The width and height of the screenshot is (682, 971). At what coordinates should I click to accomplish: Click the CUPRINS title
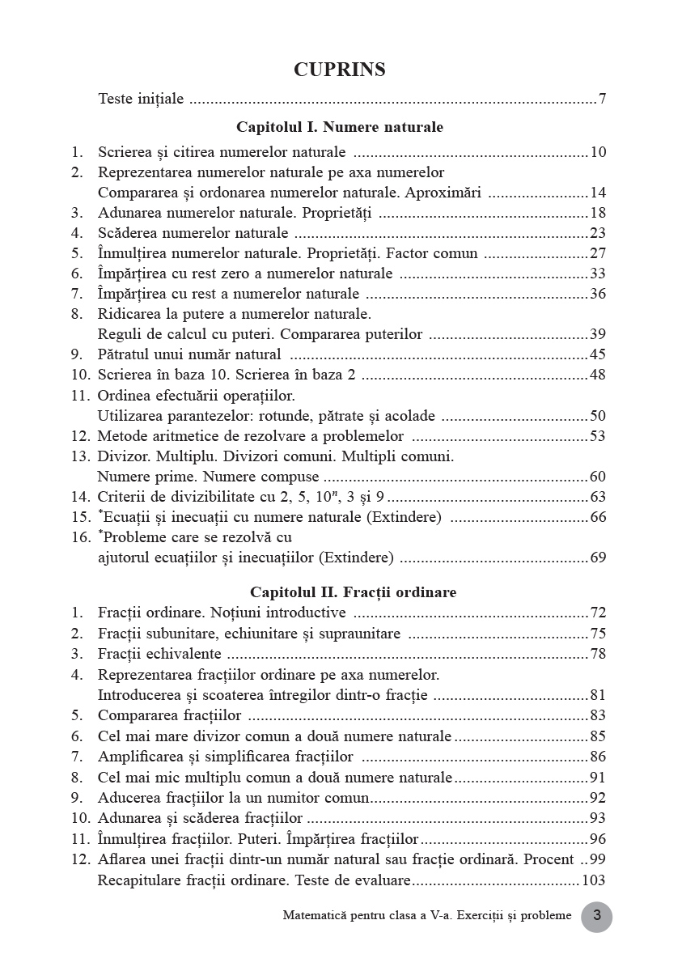(x=340, y=70)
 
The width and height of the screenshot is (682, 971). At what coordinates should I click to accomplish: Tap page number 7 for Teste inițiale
(x=603, y=100)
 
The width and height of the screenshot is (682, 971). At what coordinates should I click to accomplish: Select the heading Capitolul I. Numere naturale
(x=340, y=127)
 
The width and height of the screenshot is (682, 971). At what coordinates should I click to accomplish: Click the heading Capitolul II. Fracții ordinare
(x=353, y=592)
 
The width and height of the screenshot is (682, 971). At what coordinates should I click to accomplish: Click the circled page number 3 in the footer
(x=597, y=917)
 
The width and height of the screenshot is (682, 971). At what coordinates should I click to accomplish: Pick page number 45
(x=598, y=354)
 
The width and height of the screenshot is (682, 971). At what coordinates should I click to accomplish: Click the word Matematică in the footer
(x=316, y=916)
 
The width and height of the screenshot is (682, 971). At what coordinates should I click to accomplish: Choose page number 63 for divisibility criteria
(x=598, y=497)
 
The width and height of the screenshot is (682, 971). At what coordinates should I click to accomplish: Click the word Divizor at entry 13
(x=122, y=456)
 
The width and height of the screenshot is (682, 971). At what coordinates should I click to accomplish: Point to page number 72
(x=598, y=613)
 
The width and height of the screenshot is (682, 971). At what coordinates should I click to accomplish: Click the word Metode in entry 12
(x=121, y=437)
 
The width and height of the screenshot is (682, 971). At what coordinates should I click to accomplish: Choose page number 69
(x=598, y=558)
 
